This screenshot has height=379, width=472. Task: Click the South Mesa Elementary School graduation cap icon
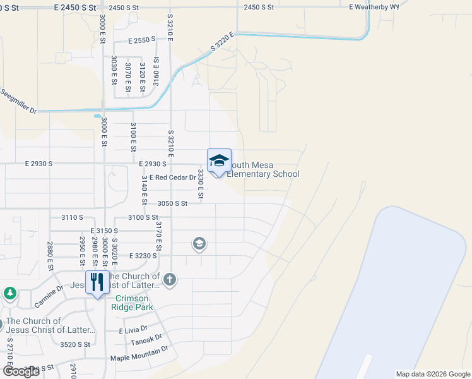click(219, 160)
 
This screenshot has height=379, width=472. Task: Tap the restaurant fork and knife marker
click(97, 282)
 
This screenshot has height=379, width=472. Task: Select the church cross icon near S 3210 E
click(169, 279)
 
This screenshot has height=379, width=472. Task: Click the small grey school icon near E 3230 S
click(199, 244)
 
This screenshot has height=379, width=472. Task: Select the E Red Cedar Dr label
click(164, 177)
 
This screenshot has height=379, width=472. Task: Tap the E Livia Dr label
click(133, 329)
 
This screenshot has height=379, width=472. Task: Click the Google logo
click(21, 372)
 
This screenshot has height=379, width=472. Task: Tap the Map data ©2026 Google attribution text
click(432, 374)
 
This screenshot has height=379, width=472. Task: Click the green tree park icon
click(9, 293)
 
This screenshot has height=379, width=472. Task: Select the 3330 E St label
click(200, 183)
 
